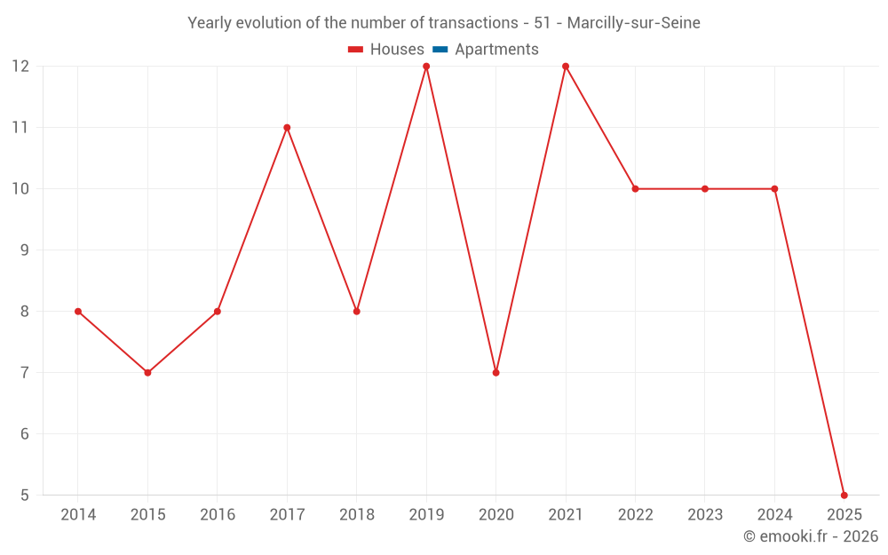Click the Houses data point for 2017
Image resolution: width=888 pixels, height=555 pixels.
tap(287, 127)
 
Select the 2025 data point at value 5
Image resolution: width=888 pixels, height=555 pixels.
tap(844, 495)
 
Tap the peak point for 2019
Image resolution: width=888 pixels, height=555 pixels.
tap(426, 67)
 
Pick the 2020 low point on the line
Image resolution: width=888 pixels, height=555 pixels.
tap(496, 372)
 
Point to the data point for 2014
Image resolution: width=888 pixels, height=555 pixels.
tap(78, 311)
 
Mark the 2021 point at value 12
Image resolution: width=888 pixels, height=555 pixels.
tap(566, 67)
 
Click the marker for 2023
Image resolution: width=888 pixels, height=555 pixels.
tap(705, 188)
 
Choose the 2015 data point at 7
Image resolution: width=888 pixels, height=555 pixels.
tap(147, 372)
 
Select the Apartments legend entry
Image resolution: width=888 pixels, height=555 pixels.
tap(496, 50)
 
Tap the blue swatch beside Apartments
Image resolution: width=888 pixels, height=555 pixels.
tap(440, 50)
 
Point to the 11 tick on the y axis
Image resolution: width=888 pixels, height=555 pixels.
tap(20, 127)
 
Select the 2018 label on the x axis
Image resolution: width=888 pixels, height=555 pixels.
tap(356, 515)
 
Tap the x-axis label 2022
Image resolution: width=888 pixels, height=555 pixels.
tap(635, 515)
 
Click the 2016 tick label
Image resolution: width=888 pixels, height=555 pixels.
tap(218, 515)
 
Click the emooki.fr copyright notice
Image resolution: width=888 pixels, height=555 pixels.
tap(810, 536)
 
